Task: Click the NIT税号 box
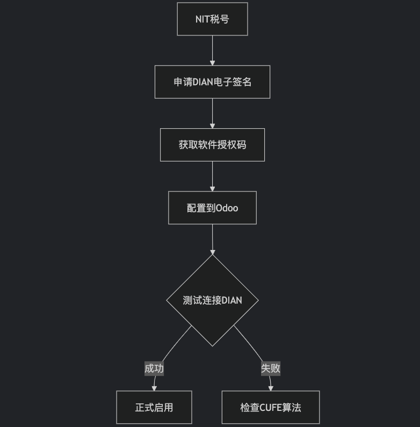click(x=212, y=19)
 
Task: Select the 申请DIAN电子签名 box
click(x=212, y=82)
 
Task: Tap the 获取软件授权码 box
click(x=212, y=145)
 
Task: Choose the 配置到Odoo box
click(x=212, y=208)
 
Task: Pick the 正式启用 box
click(x=154, y=408)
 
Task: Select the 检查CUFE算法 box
click(x=271, y=408)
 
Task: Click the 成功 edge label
click(x=154, y=369)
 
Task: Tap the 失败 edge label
click(x=271, y=369)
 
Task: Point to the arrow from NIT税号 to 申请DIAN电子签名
click(x=212, y=50)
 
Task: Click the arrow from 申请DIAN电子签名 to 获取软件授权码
click(x=212, y=113)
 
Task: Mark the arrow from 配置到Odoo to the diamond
click(x=212, y=239)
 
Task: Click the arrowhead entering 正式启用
click(x=154, y=388)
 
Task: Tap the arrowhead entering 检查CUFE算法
click(x=271, y=388)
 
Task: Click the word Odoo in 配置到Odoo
click(x=227, y=208)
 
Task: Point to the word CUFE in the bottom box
click(x=271, y=408)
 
